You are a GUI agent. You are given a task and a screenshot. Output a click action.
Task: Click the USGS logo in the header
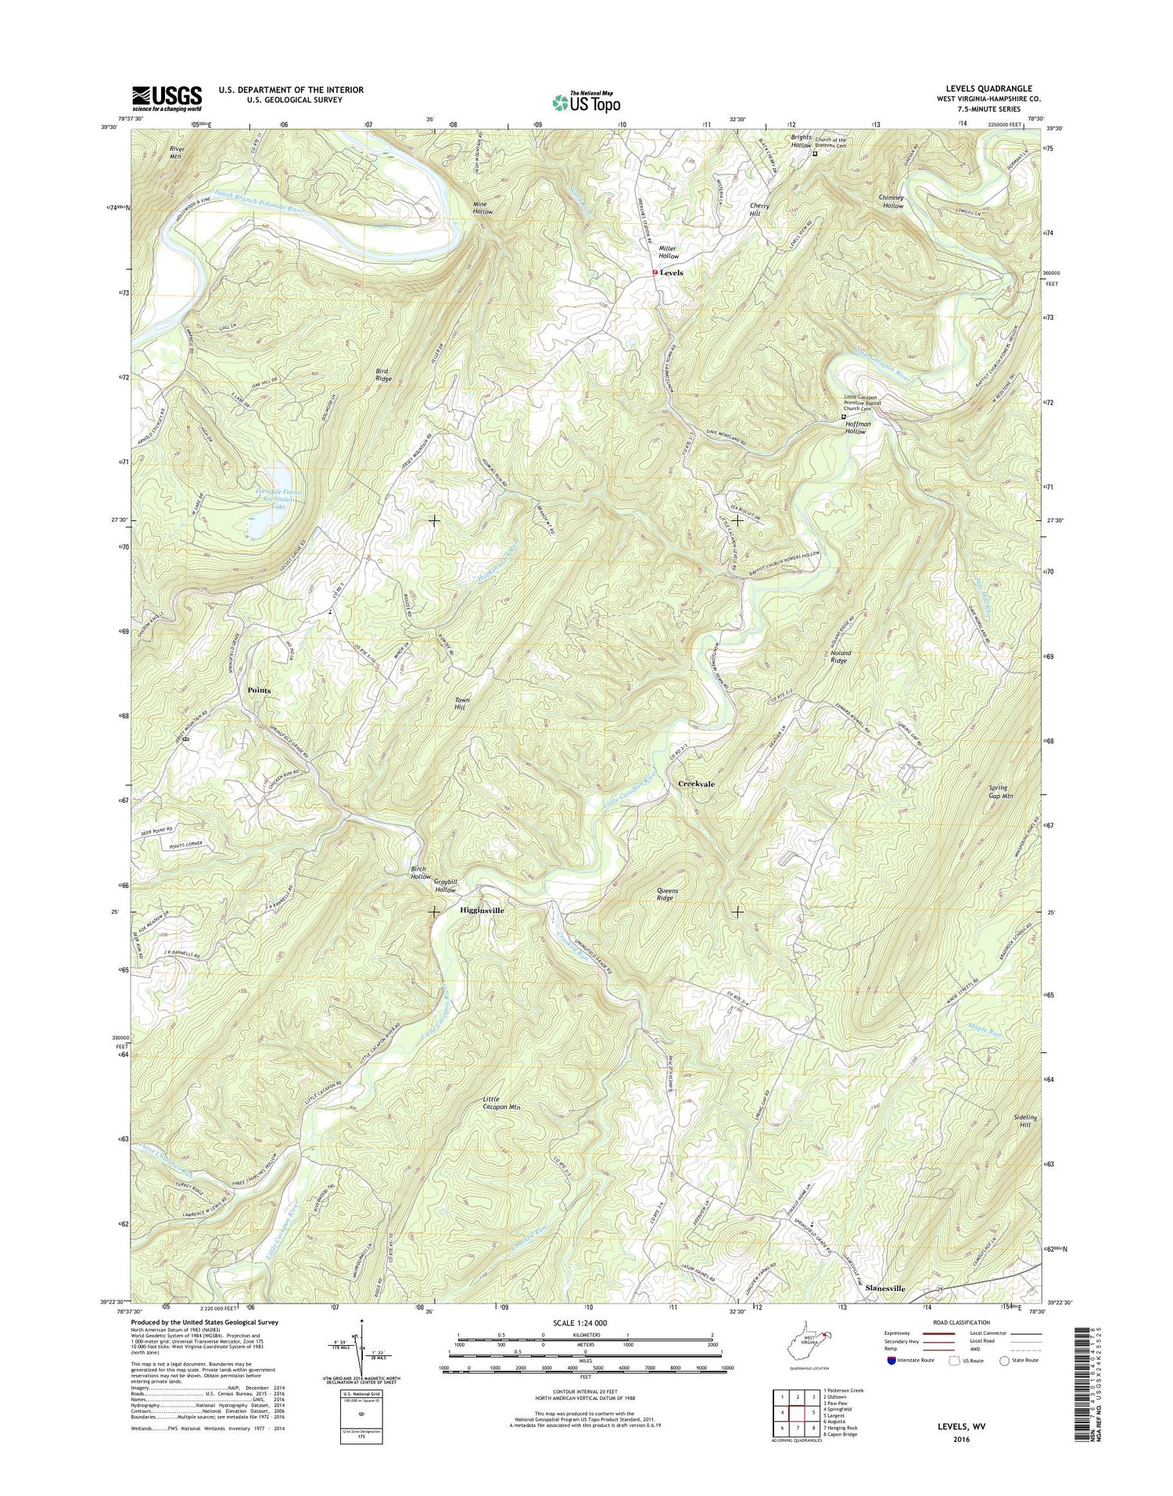tap(167, 99)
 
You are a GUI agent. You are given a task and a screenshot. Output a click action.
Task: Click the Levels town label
tap(671, 273)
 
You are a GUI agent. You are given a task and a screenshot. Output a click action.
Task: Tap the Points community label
tap(259, 690)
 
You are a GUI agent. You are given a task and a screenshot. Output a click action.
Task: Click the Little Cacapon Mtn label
tap(500, 1103)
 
